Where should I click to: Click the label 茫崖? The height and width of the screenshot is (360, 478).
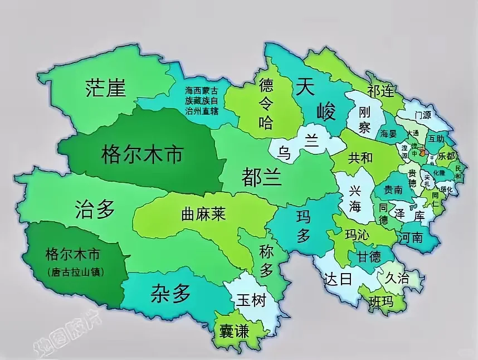tap(106, 88)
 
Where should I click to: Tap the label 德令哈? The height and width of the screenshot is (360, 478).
tap(266, 103)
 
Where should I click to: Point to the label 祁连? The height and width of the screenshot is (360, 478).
tap(381, 92)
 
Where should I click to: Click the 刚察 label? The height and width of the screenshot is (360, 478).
tap(364, 120)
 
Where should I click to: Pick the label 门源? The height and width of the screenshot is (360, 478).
tap(423, 115)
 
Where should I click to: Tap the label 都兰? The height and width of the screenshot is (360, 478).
tap(261, 177)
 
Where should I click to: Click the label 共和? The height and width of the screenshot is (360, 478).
tap(360, 158)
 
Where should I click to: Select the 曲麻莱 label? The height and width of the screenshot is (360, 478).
tap(203, 213)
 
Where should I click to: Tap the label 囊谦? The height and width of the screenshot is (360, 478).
tap(235, 331)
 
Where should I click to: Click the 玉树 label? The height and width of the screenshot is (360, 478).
tap(251, 300)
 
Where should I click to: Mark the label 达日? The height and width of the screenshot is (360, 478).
tap(339, 278)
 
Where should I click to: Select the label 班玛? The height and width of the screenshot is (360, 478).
tap(381, 302)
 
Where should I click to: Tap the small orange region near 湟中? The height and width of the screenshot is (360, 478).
tap(423, 150)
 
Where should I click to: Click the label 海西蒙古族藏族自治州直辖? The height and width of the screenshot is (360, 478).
tap(201, 99)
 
